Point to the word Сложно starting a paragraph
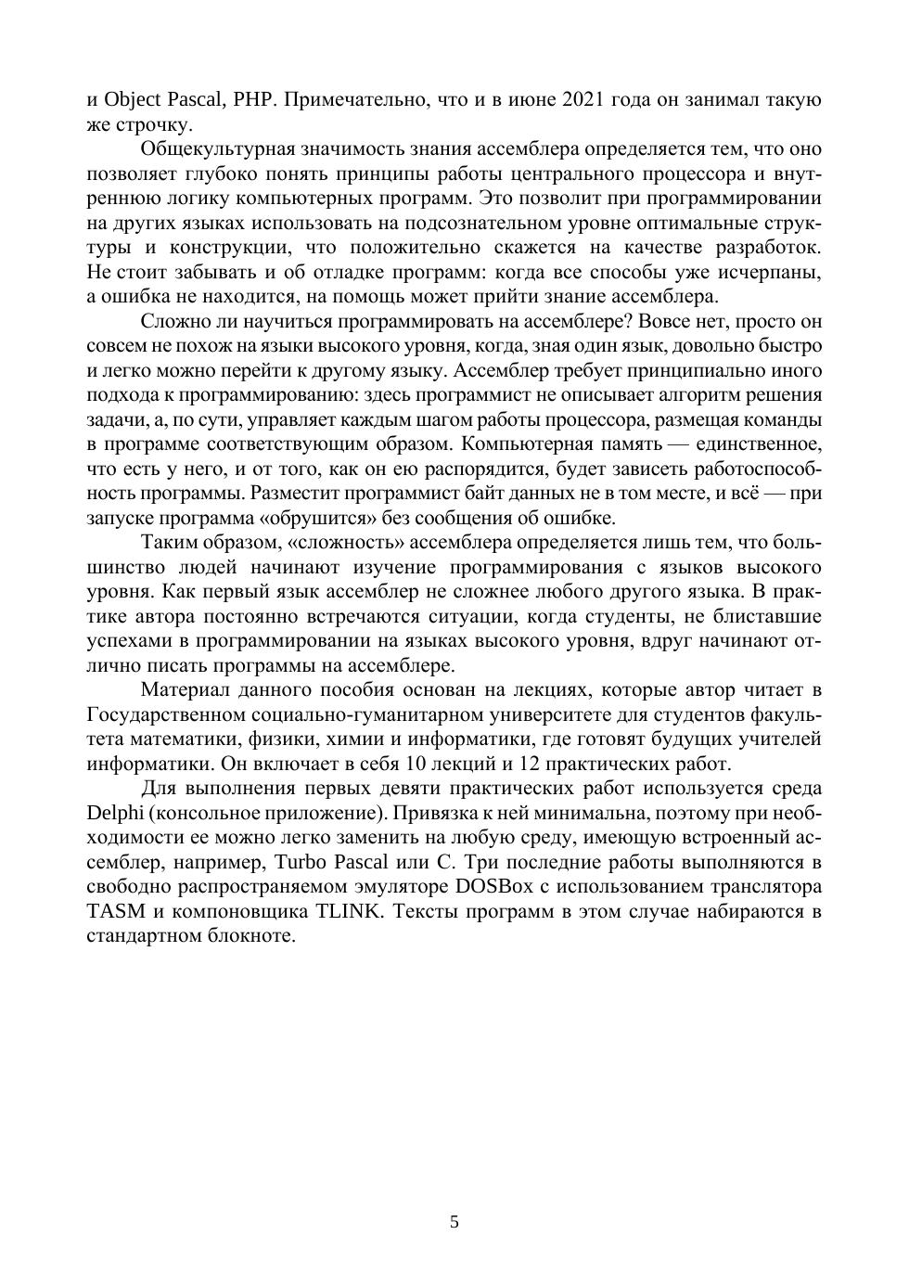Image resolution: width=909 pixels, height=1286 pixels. tap(173, 321)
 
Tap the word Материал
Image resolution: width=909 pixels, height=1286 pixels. tap(185, 690)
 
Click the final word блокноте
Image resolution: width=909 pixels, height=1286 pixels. tap(251, 935)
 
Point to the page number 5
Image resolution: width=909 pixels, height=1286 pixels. tap(454, 1222)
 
